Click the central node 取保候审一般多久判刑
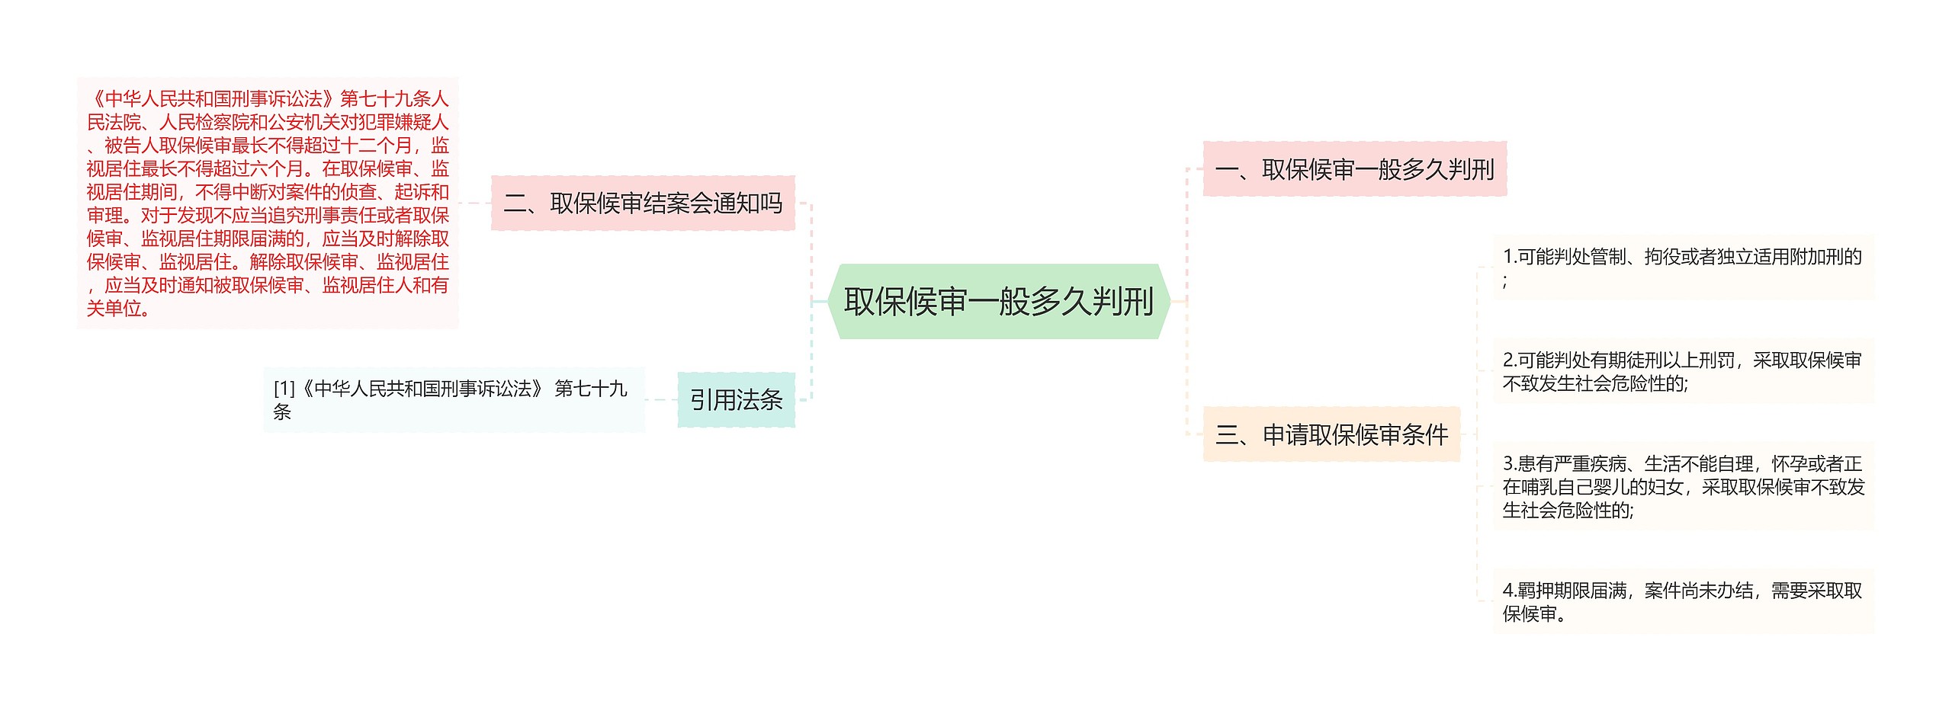coord(998,302)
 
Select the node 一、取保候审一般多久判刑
coord(1354,169)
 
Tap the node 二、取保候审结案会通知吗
coord(643,203)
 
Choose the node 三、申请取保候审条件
coord(1331,434)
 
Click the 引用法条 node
coord(736,400)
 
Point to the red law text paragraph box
coord(268,203)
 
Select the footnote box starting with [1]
coord(454,400)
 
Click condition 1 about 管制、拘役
coord(1682,267)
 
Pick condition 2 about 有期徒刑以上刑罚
coord(1682,371)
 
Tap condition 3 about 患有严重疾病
coord(1682,486)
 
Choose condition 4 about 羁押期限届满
coord(1682,601)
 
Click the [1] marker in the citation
coord(284,389)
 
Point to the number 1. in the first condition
coord(1509,257)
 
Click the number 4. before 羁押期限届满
coord(1509,591)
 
